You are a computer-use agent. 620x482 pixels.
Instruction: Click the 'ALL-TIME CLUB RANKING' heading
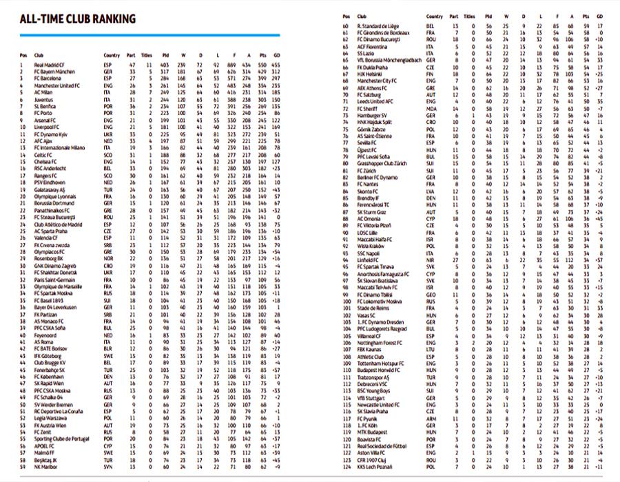(78, 19)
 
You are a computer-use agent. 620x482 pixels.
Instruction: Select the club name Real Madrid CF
(49, 64)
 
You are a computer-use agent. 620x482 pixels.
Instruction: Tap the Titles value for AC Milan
(146, 90)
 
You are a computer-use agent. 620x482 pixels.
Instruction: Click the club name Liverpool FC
(46, 127)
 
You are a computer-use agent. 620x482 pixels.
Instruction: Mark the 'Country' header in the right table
(435, 16)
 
